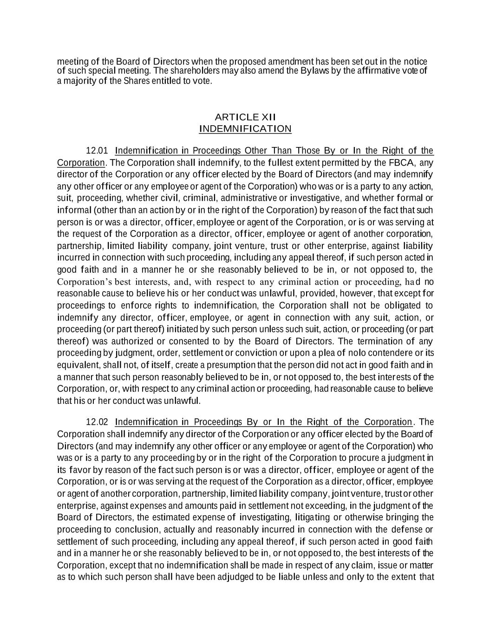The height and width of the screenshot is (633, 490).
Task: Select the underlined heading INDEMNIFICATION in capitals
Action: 245,128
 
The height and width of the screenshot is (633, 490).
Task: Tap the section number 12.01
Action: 97,151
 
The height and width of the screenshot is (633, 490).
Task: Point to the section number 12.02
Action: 97,422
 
